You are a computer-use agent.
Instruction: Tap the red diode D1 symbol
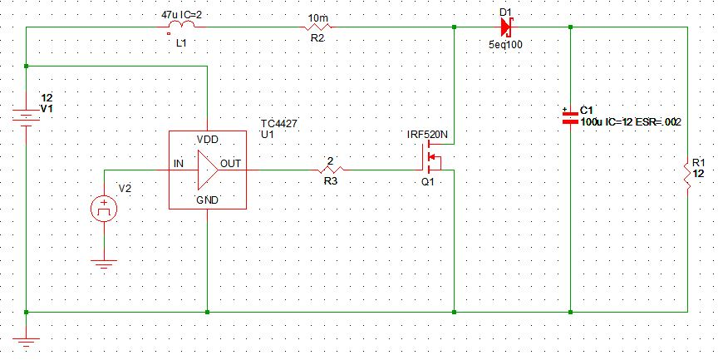pos(505,27)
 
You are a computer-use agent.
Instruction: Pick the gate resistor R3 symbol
pos(330,170)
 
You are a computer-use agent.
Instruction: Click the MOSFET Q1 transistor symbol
pos(432,155)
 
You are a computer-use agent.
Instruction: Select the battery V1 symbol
pos(27,117)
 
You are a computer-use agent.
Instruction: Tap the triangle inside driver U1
pos(206,170)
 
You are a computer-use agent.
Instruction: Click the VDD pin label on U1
pos(208,138)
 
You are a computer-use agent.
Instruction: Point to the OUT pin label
pos(231,164)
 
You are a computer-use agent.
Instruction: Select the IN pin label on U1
pos(178,164)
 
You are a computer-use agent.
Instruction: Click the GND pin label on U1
pos(208,200)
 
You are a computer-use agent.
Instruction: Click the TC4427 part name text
pos(278,123)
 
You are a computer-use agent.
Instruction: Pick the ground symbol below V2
pos(104,266)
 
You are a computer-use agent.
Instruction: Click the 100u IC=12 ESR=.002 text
pos(631,122)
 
